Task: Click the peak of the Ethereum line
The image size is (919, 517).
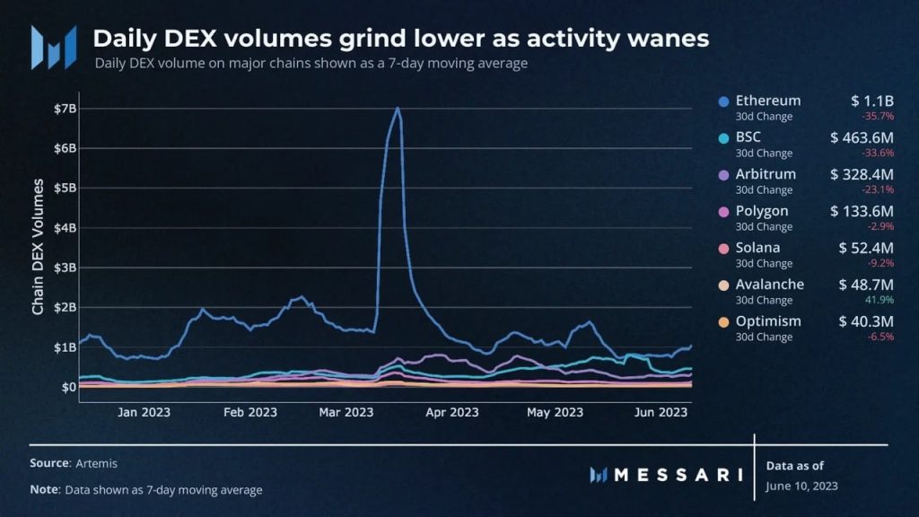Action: click(x=397, y=109)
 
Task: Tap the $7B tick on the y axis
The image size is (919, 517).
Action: click(x=66, y=109)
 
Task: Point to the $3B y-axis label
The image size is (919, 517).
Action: click(x=66, y=267)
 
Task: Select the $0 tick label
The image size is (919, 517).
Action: click(x=68, y=387)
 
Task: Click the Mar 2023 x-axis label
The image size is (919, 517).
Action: click(x=346, y=412)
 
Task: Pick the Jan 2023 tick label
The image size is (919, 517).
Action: click(x=144, y=412)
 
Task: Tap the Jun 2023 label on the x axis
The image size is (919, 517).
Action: click(x=661, y=412)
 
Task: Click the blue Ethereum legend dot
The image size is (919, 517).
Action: click(x=723, y=101)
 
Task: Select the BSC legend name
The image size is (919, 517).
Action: click(x=749, y=137)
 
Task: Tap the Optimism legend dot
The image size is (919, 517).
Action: click(x=723, y=322)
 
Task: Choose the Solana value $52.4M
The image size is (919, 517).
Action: click(x=866, y=248)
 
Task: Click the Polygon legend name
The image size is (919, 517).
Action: click(x=762, y=211)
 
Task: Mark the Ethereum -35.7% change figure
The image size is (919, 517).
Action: click(x=880, y=116)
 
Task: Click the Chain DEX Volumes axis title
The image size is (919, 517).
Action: click(x=38, y=247)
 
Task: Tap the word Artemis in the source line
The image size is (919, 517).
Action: click(x=96, y=462)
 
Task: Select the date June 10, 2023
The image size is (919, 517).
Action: click(x=802, y=486)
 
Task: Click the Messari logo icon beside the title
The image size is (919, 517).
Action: click(x=53, y=47)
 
